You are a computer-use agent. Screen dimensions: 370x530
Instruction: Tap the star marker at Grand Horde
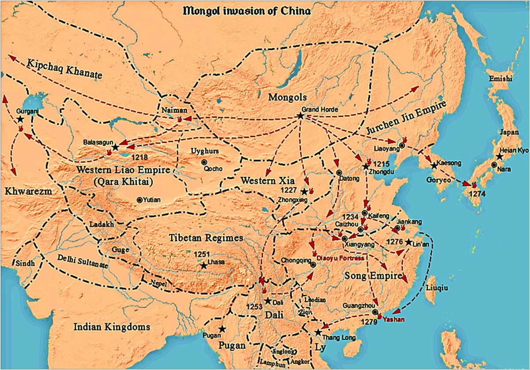tap(300, 116)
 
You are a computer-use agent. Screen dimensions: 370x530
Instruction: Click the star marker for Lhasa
tap(204, 266)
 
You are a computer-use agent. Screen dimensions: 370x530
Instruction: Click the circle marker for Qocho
tap(204, 162)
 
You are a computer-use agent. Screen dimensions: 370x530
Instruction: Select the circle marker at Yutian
tap(140, 200)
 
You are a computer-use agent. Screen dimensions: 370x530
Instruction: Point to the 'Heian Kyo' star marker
tap(499, 156)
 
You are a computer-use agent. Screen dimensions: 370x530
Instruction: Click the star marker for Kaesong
tap(434, 166)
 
